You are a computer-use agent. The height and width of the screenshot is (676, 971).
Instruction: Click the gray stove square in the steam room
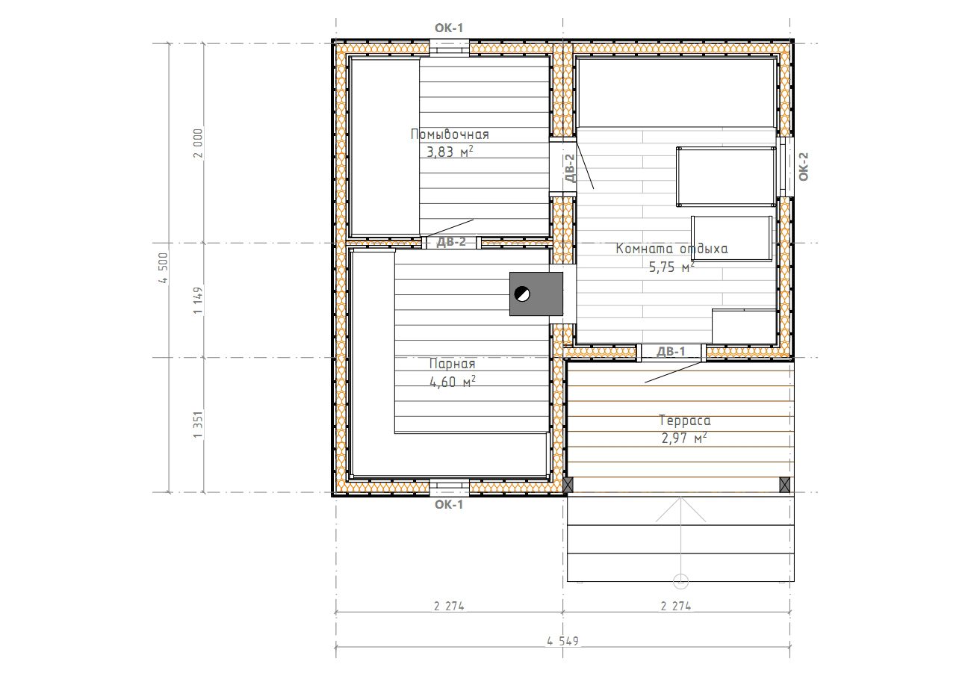[x=536, y=294]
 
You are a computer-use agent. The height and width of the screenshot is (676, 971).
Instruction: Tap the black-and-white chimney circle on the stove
[x=522, y=294]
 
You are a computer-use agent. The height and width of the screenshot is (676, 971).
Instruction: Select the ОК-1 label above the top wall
[x=449, y=28]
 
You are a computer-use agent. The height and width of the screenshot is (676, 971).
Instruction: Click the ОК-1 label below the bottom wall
[x=449, y=505]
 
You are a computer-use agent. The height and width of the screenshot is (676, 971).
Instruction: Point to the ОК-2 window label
[x=803, y=167]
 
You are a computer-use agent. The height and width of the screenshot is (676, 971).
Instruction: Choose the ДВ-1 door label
[x=671, y=351]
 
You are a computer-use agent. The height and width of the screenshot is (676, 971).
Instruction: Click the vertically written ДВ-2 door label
[x=571, y=168]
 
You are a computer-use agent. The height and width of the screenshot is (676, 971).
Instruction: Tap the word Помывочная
[x=450, y=134]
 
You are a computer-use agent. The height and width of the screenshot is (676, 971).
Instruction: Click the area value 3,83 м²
[x=450, y=152]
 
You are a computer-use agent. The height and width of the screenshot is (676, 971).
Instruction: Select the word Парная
[x=452, y=363]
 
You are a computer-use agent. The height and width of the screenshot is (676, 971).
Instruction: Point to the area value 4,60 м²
[x=452, y=382]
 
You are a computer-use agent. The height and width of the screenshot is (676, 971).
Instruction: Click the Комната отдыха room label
[x=671, y=249]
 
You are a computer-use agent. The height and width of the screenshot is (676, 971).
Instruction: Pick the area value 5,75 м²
[x=671, y=267]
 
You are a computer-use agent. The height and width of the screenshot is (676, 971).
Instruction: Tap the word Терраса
[x=684, y=421]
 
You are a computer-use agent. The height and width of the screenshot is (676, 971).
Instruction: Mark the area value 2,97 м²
[x=684, y=438]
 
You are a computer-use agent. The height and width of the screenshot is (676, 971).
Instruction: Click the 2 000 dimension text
[x=198, y=143]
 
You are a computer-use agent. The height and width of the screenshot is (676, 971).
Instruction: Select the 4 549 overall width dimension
[x=562, y=641]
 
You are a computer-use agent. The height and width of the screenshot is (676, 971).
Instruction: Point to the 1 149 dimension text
[x=198, y=300]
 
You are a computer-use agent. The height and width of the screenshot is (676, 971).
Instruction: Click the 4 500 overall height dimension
[x=163, y=268]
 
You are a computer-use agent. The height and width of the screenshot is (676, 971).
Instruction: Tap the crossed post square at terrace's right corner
[x=784, y=485]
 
